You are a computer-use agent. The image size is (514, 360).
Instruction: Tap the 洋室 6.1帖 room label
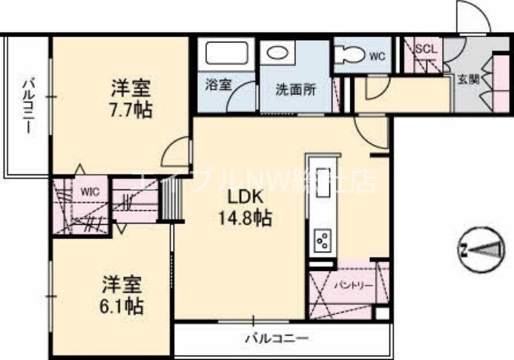pyautogui.click(x=122, y=295)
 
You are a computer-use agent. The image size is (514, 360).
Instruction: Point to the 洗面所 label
pyautogui.click(x=295, y=90)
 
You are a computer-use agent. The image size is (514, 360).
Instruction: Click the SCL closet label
pyautogui.click(x=426, y=49)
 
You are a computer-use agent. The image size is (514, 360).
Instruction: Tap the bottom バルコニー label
pyautogui.click(x=276, y=339)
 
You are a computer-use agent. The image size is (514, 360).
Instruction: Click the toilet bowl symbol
pyautogui.click(x=349, y=54)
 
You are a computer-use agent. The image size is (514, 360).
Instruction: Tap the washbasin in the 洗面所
pyautogui.click(x=280, y=53)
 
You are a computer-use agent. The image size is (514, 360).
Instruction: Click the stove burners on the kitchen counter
pyautogui.click(x=323, y=240)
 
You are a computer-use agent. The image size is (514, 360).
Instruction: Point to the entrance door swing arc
pyautogui.click(x=472, y=19)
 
